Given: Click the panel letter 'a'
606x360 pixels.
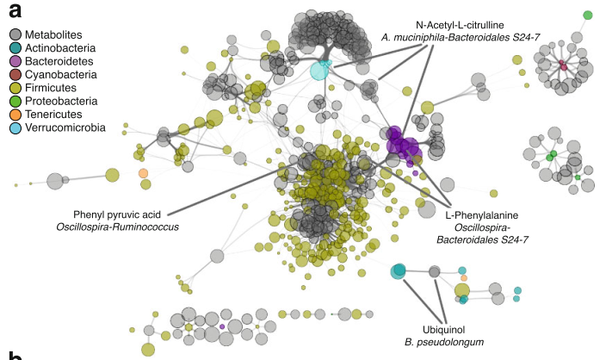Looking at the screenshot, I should click(x=15, y=11).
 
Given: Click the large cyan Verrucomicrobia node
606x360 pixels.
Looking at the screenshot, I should click(x=320, y=69).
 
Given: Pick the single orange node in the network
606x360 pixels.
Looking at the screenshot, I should click(x=143, y=174).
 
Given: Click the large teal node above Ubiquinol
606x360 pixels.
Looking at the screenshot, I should click(x=398, y=271).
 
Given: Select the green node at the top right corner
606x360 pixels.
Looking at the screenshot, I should click(x=588, y=15).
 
